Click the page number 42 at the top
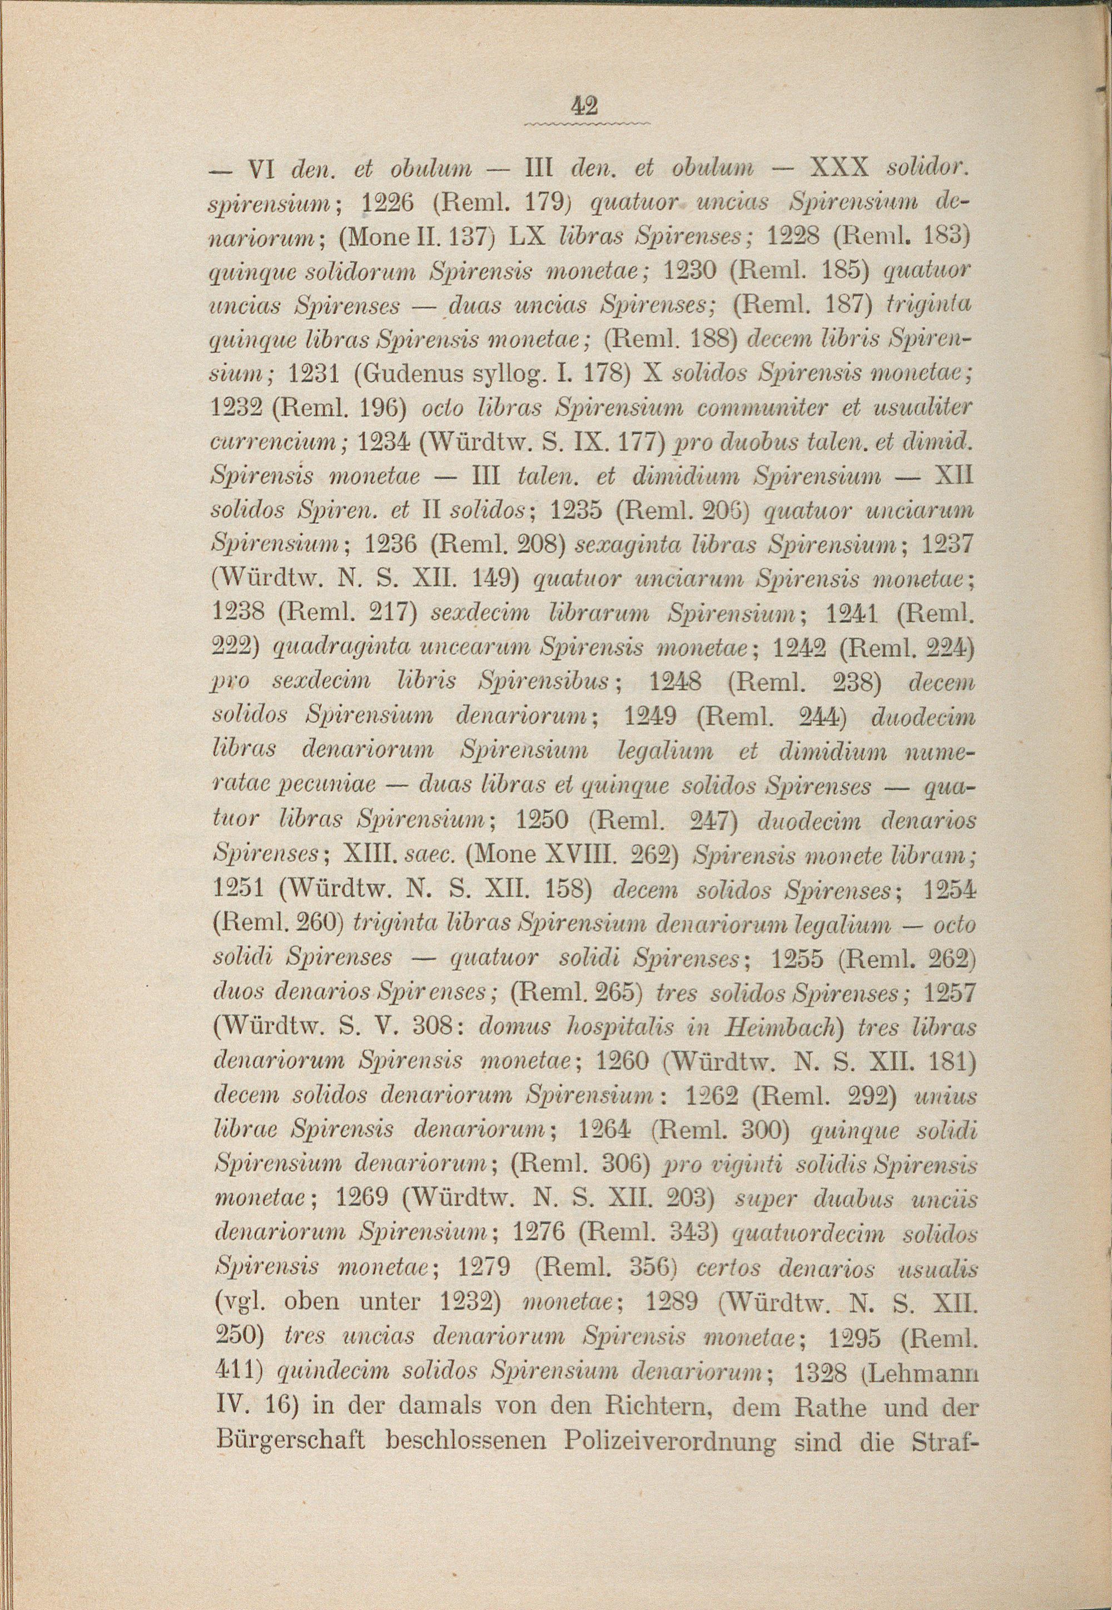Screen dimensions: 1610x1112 click(x=584, y=105)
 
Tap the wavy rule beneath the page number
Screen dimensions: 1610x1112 click(x=585, y=124)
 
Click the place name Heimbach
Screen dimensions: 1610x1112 click(x=783, y=1026)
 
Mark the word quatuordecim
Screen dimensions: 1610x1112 click(x=810, y=1233)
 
